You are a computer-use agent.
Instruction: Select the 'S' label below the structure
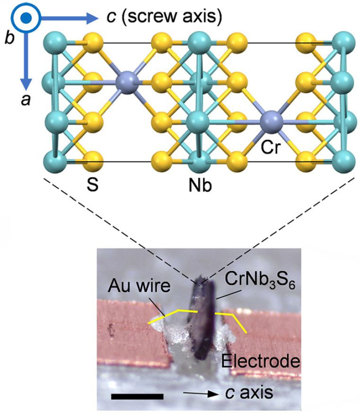point(92,185)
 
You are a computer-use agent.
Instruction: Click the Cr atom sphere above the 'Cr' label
point(271,122)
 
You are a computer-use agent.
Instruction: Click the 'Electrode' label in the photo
point(261,360)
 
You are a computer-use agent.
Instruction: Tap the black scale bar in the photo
point(137,396)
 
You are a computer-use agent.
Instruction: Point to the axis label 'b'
point(9,38)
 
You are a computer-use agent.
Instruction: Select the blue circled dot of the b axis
point(26,18)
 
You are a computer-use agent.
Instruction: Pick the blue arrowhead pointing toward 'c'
point(93,18)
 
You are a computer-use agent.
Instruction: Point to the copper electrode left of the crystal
point(132,334)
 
